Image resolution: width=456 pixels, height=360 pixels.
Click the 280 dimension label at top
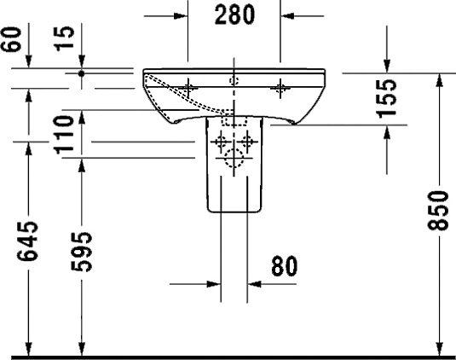pos(234,17)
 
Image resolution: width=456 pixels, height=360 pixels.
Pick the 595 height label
pos(80,252)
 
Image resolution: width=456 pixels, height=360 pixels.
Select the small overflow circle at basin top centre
pos(234,80)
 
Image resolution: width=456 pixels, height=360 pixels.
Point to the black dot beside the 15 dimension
pos(82,73)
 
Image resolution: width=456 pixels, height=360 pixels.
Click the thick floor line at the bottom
pos(228,356)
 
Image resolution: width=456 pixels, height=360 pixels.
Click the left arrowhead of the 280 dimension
pos(182,15)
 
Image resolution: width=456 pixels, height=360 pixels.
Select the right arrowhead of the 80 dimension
pos(253,282)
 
